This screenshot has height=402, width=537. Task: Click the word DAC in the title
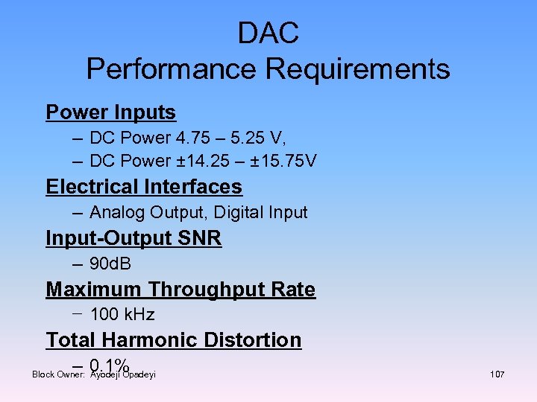[268, 33]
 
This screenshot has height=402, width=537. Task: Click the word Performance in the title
[172, 69]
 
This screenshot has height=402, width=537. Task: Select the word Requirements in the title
[357, 69]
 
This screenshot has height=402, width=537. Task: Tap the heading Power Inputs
[110, 112]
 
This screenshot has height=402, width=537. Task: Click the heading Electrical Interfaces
[144, 187]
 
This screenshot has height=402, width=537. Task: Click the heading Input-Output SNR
[134, 239]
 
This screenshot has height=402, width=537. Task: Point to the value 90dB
[110, 264]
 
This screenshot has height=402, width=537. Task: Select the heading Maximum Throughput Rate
[180, 290]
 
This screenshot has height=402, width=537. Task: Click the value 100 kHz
[122, 314]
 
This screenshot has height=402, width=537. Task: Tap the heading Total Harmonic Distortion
[173, 340]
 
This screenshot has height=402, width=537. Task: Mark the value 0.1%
[110, 366]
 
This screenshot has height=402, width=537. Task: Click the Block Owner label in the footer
[59, 374]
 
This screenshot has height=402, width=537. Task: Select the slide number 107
[497, 374]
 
